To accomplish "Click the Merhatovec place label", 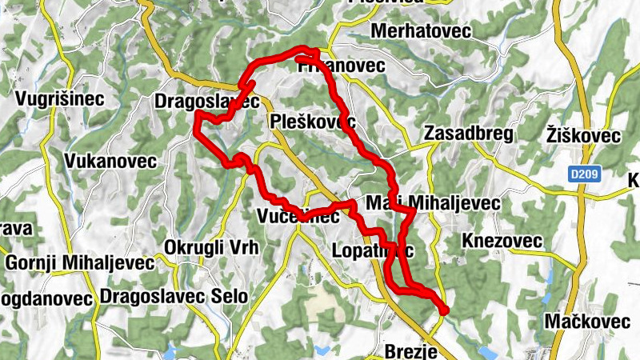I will pyautogui.click(x=422, y=31).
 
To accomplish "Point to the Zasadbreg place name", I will pyautogui.click(x=469, y=134).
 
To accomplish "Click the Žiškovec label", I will pyautogui.click(x=583, y=135).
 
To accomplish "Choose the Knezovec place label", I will pyautogui.click(x=502, y=241).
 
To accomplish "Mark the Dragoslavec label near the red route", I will pyautogui.click(x=206, y=102).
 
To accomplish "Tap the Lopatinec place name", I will pyautogui.click(x=372, y=252).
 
